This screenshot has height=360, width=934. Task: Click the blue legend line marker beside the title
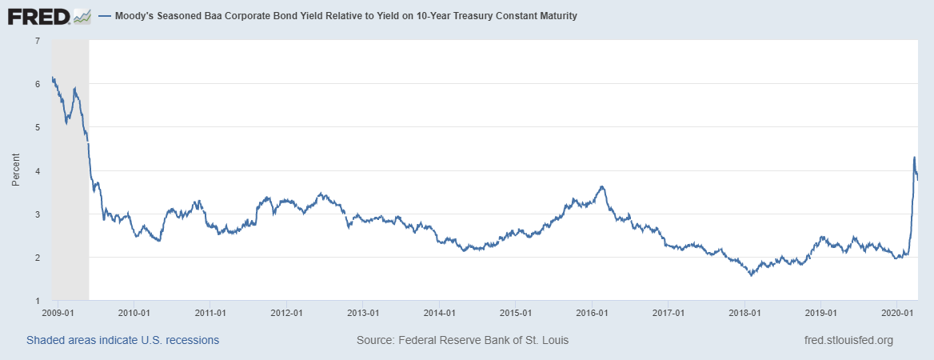[x=106, y=16]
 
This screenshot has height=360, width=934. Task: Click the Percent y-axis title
[x=16, y=170]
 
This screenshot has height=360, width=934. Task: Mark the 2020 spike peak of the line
[x=914, y=157]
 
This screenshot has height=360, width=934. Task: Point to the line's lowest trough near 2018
[x=751, y=275]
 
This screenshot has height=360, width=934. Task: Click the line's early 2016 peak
[x=602, y=186]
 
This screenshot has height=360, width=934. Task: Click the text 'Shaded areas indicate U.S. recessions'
[x=122, y=340]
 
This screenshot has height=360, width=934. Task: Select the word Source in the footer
[x=374, y=340]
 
